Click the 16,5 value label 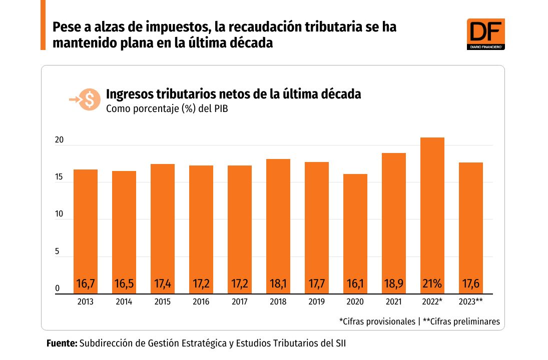(x=124, y=284)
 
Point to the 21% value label (x=432, y=284)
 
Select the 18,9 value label (x=394, y=284)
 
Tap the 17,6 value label (x=471, y=284)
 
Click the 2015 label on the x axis (x=163, y=302)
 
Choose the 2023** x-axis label (x=471, y=302)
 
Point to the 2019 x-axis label (x=317, y=302)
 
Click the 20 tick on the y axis (x=59, y=140)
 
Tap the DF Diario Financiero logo (x=485, y=34)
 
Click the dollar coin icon (x=90, y=99)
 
